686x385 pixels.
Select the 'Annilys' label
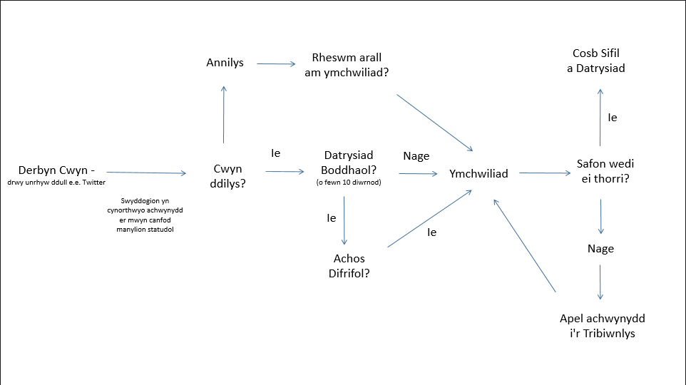click(225, 63)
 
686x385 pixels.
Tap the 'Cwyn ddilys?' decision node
click(227, 176)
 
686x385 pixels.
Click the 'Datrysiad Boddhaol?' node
click(349, 162)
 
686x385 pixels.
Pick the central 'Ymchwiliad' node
click(478, 173)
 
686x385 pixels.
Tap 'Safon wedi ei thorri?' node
click(605, 171)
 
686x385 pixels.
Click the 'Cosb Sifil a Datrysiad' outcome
click(600, 61)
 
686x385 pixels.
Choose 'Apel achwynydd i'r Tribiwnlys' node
click(602, 326)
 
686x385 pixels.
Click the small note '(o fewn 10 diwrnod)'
click(348, 183)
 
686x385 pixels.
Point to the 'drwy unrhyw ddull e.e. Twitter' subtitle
click(57, 183)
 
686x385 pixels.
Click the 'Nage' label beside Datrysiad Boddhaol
click(416, 156)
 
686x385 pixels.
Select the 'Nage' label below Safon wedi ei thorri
click(600, 249)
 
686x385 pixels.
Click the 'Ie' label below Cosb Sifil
click(612, 118)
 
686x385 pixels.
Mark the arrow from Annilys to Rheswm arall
click(276, 64)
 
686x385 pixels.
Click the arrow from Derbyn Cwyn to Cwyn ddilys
click(145, 173)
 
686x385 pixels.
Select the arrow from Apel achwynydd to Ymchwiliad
click(524, 246)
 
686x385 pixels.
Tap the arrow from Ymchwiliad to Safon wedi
click(544, 173)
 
